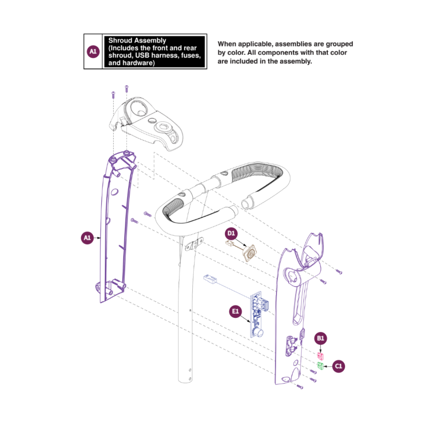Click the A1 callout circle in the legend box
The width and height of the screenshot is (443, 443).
point(93,52)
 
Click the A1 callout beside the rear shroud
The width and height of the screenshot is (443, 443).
point(87,238)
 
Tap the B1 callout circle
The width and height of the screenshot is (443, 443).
point(321,338)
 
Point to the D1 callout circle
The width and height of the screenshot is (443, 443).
point(231,234)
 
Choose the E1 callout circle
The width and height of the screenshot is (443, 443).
point(235,312)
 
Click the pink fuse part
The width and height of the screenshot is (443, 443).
point(321,355)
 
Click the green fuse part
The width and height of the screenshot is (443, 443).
point(320,365)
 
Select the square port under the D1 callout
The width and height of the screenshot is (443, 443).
point(248,253)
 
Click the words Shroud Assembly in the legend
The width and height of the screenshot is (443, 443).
point(137,41)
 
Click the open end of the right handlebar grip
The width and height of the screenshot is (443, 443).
point(248,203)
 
